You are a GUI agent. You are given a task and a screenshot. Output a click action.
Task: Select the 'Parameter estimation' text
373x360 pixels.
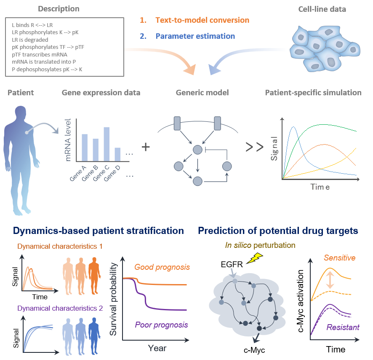(195, 36)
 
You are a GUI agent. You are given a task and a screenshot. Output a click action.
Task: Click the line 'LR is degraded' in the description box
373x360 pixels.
(30, 40)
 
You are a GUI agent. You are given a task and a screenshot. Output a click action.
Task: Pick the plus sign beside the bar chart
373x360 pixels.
(146, 147)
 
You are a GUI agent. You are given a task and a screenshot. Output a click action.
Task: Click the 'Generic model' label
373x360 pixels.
(202, 93)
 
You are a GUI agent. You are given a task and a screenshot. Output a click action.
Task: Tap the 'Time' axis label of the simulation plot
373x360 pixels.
(320, 187)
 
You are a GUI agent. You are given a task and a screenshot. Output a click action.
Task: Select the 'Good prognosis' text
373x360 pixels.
(162, 267)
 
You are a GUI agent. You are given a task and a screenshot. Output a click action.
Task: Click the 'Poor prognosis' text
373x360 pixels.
(161, 325)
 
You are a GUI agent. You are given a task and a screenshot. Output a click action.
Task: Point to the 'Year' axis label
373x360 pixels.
(157, 348)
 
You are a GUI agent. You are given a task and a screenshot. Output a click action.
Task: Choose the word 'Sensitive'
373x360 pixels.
(339, 258)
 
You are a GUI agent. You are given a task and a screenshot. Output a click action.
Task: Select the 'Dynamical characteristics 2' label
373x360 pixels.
(60, 309)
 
